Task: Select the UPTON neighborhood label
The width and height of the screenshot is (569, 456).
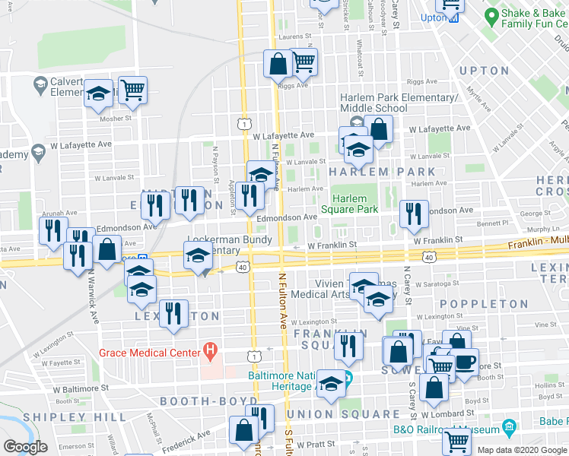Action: [483, 71]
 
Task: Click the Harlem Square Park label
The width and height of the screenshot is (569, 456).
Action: [349, 204]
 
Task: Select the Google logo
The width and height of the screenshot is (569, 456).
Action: [24, 448]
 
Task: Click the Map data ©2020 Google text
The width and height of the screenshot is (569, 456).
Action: [522, 450]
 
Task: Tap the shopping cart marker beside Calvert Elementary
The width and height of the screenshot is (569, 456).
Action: [132, 90]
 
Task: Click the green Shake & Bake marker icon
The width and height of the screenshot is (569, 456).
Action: [492, 14]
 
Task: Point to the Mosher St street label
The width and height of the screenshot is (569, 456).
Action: [113, 118]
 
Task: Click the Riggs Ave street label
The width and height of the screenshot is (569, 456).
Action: [421, 81]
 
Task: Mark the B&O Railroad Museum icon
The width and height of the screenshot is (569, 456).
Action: [509, 429]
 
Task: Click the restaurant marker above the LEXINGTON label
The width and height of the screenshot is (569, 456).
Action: [174, 313]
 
